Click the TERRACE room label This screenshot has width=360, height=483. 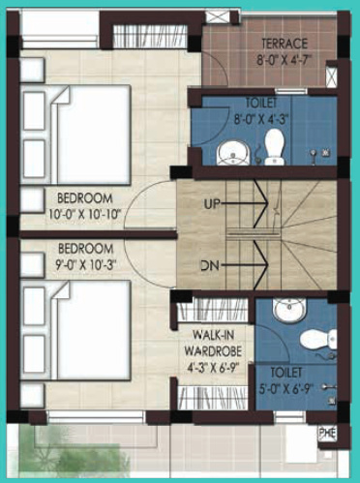tap(283, 44)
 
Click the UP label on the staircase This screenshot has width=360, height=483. tap(214, 204)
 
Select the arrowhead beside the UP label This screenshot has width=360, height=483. tap(260, 204)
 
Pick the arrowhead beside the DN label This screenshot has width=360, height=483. tap(260, 264)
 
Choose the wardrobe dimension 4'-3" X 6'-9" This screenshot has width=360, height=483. tap(216, 368)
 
